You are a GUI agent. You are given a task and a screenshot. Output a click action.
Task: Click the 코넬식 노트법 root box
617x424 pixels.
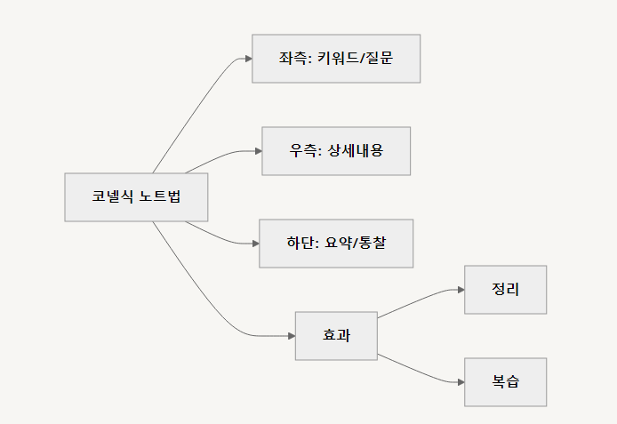(136, 196)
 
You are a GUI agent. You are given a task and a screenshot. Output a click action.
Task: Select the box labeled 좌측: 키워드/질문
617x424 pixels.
(336, 59)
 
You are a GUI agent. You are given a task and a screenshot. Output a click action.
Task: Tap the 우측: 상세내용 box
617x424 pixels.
(336, 151)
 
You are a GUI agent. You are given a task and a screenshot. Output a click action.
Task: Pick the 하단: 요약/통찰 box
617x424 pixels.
(336, 244)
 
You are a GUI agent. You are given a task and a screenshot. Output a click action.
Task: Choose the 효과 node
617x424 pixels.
(336, 336)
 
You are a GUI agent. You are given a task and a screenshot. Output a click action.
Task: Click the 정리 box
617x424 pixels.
(505, 290)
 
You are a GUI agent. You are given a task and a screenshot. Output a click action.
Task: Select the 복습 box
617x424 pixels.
(505, 382)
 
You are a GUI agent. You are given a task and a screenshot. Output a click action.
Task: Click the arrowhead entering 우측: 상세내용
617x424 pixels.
(257, 151)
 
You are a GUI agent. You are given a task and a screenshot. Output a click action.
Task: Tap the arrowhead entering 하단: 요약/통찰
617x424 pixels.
(254, 244)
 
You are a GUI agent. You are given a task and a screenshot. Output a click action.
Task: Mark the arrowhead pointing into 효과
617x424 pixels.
(291, 336)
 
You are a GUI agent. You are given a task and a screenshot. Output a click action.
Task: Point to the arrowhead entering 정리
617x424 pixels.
(460, 290)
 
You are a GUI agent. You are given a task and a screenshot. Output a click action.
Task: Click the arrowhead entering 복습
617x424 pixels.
(460, 382)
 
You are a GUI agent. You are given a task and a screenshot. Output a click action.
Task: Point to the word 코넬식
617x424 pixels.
(113, 196)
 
